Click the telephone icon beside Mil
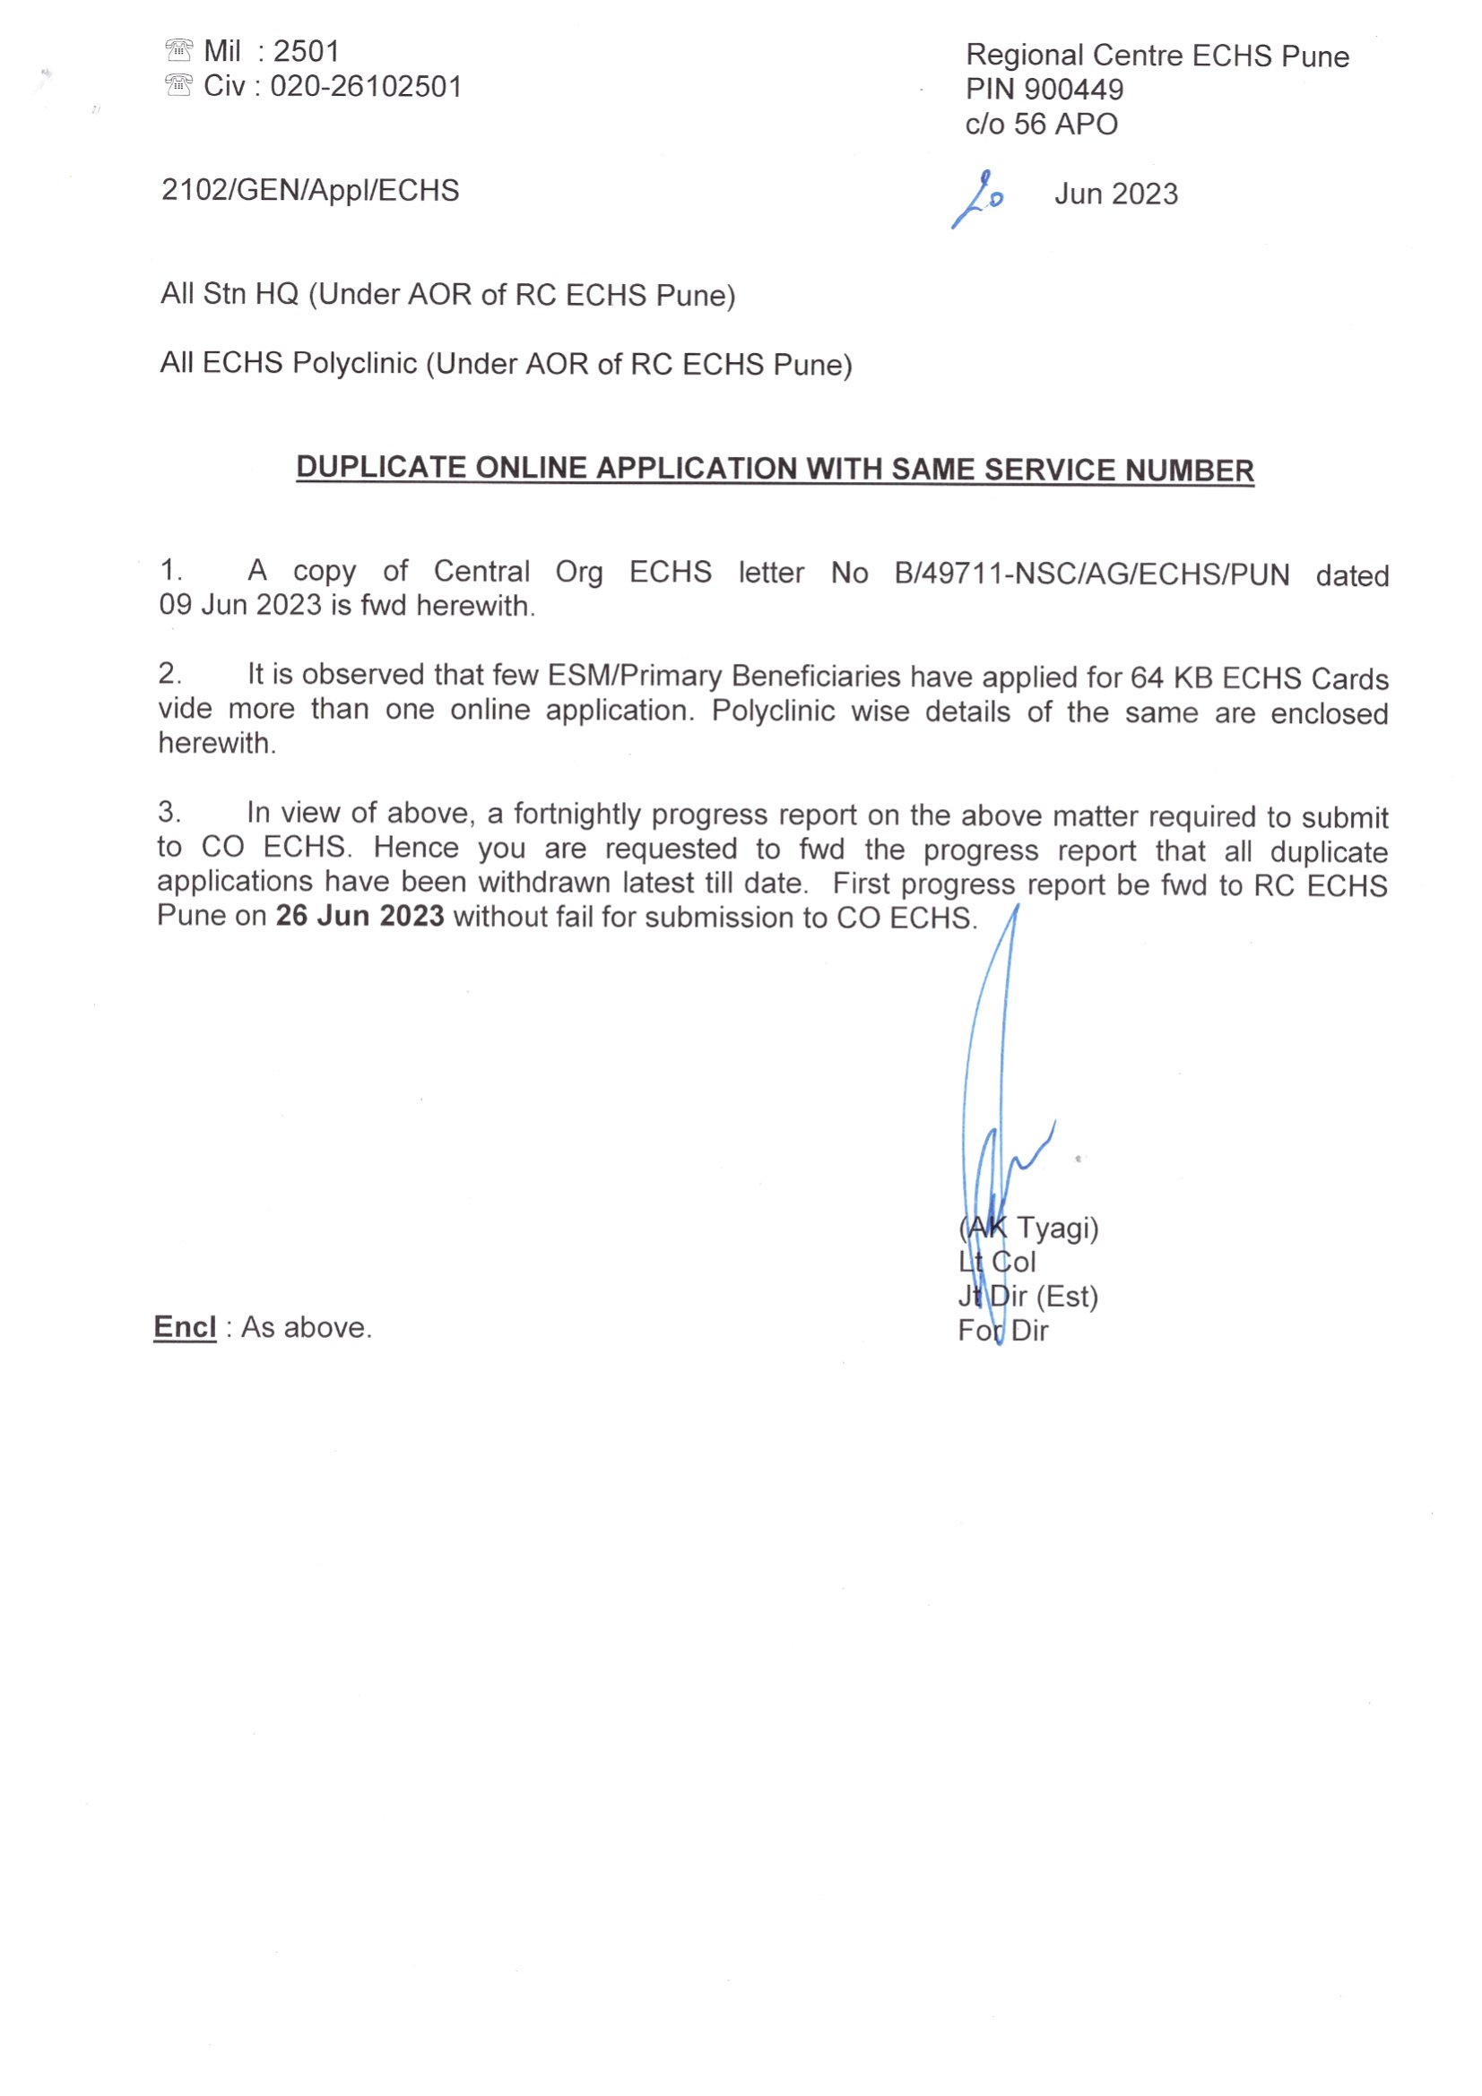click(x=178, y=49)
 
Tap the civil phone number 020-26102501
click(x=366, y=87)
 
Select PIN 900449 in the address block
click(x=1044, y=90)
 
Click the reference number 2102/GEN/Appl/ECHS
click(x=309, y=191)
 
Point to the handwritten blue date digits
click(x=980, y=197)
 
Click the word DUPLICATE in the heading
click(x=381, y=468)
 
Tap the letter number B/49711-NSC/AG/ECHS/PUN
click(x=1091, y=574)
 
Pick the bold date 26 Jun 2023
click(x=360, y=916)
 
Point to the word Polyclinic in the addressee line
click(x=354, y=363)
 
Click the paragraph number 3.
click(x=169, y=811)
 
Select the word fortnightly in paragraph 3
click(x=577, y=814)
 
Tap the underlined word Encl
click(x=185, y=1326)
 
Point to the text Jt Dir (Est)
click(x=1027, y=1297)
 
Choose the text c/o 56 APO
click(x=1041, y=125)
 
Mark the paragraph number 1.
click(x=169, y=571)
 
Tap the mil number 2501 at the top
click(x=306, y=51)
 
